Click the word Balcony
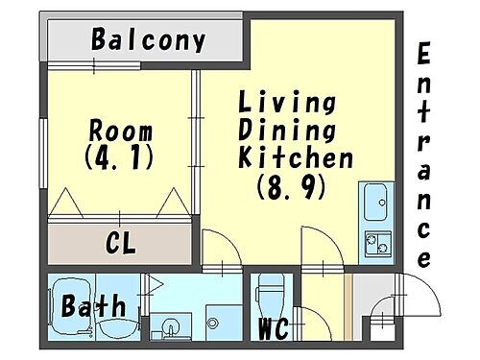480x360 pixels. pyautogui.click(x=149, y=40)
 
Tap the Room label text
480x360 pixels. pyautogui.click(x=120, y=130)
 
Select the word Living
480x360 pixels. pyautogui.click(x=286, y=102)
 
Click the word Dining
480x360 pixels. pyautogui.click(x=286, y=130)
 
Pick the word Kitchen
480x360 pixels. pyautogui.click(x=296, y=157)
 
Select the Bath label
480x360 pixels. pyautogui.click(x=93, y=307)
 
